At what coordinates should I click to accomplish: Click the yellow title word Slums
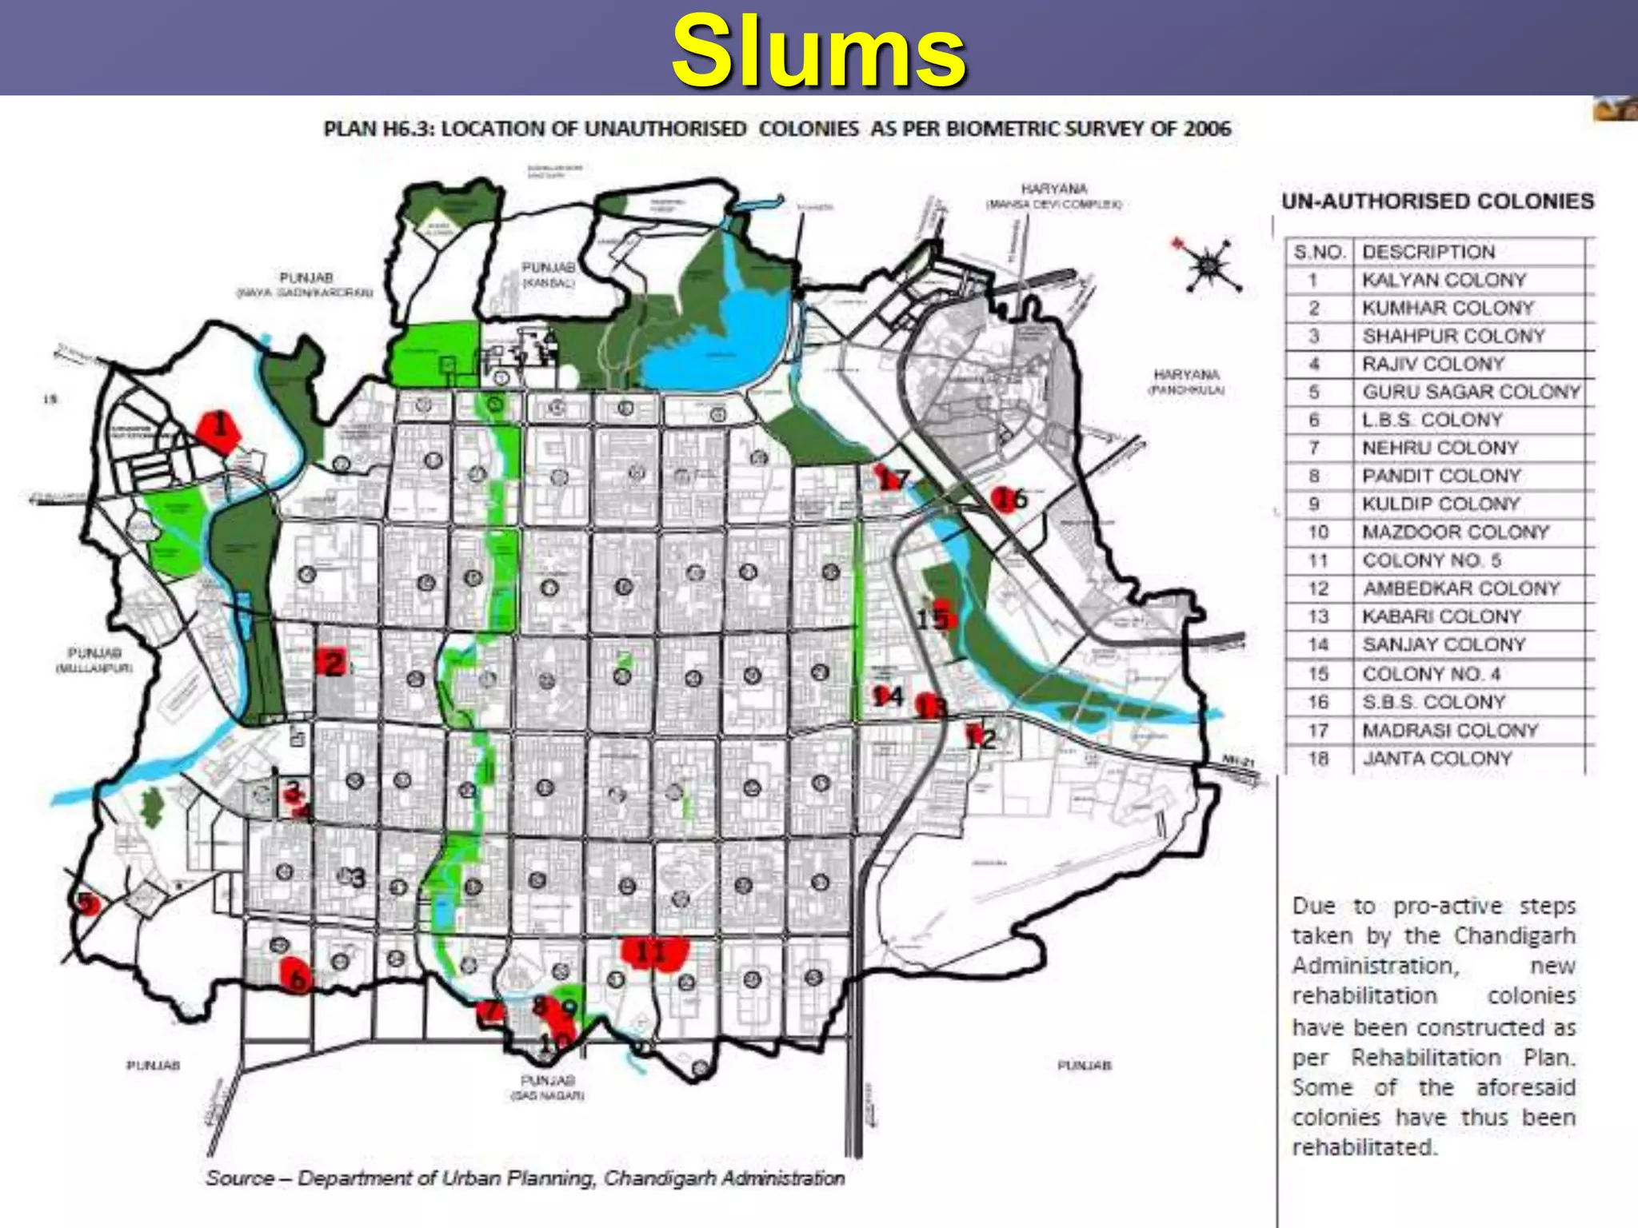tap(819, 51)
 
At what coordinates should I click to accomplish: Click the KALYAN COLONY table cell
tap(1444, 281)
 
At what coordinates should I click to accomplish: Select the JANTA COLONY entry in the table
tap(1437, 759)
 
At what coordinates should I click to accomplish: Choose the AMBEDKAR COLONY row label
tap(1461, 589)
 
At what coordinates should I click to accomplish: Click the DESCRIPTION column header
tap(1428, 252)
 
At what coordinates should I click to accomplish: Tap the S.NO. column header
tap(1319, 253)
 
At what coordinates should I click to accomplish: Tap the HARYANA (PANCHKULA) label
tap(1186, 381)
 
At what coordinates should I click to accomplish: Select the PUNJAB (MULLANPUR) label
tap(94, 660)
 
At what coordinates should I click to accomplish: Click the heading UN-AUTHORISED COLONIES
tap(1437, 201)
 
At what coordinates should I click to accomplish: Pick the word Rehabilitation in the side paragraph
tap(1426, 1058)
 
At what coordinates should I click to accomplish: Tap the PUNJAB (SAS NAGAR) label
tap(547, 1087)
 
